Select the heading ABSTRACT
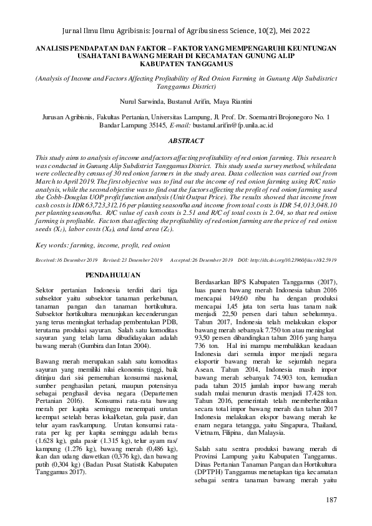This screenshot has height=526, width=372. (x=185, y=142)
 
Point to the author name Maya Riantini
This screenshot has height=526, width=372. (x=232, y=101)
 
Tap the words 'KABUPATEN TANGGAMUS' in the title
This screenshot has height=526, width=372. (x=186, y=63)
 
